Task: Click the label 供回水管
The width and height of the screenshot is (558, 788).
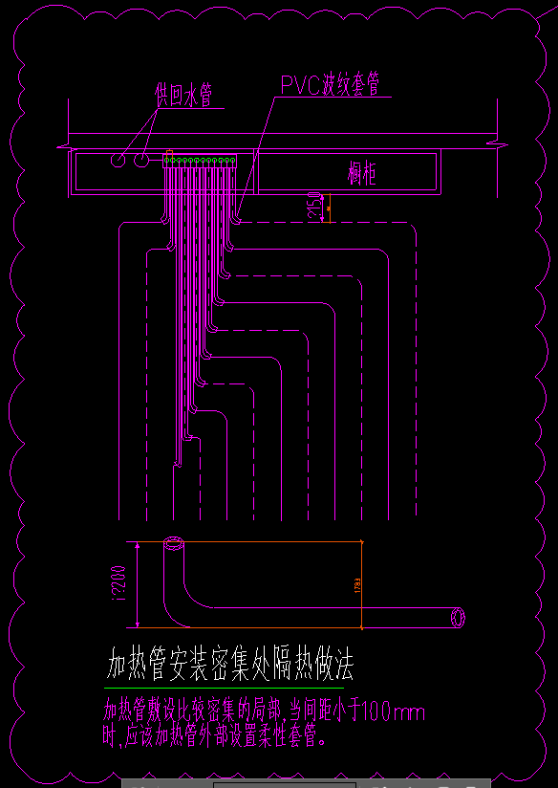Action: coord(183,94)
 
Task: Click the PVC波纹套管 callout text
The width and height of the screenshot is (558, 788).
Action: coord(331,84)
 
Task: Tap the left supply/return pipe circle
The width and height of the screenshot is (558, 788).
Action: coord(118,160)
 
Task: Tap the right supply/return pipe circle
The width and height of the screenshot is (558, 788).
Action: coord(140,160)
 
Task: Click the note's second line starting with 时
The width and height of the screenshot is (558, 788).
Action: coord(216,736)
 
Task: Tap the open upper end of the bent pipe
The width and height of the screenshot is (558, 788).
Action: coord(174,545)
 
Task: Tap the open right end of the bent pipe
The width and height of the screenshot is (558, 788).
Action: coord(460,617)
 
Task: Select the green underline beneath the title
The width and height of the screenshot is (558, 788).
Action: coord(223,688)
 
